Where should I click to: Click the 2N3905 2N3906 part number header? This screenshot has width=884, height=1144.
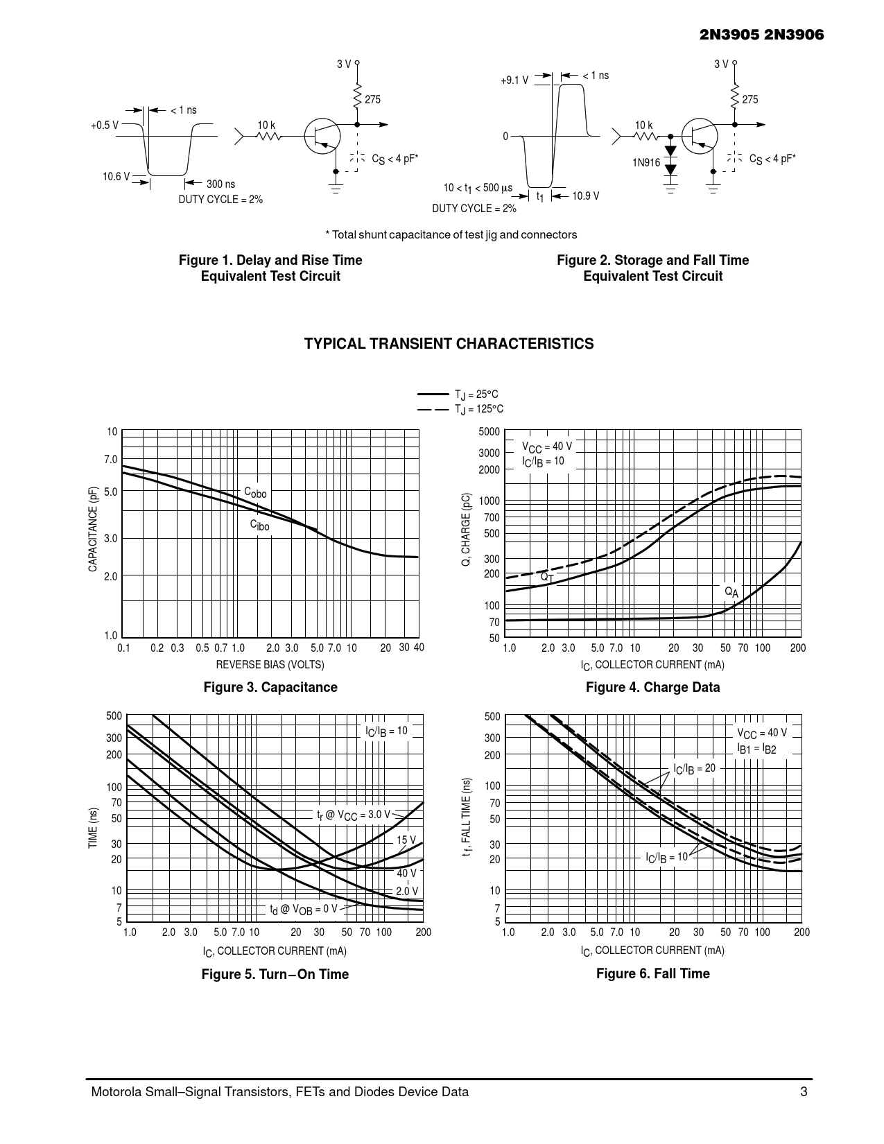coord(762,35)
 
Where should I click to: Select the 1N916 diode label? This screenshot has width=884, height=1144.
coord(645,163)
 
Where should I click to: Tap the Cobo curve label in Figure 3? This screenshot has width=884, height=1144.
coord(255,492)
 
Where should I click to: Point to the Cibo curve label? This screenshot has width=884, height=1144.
coord(260,526)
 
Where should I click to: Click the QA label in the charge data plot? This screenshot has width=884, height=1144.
coord(731,591)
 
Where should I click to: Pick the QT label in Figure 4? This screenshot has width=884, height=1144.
coord(546,577)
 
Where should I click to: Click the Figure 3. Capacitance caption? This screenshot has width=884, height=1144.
coord(270,687)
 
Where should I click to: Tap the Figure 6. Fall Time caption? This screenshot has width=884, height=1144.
coord(652,973)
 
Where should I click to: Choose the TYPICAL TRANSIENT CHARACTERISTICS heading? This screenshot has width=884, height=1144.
coord(449,344)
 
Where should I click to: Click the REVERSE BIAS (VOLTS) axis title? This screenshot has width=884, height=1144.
coord(270,664)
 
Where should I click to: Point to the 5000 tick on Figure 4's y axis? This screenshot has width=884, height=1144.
coord(489,432)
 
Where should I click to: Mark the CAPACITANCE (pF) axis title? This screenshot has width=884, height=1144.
coord(93,529)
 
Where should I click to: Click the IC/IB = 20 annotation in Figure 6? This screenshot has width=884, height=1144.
coord(694,769)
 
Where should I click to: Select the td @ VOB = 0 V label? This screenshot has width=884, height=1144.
coord(304,909)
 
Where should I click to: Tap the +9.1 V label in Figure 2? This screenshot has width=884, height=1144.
coord(514,80)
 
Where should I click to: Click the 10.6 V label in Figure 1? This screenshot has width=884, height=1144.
coord(116,177)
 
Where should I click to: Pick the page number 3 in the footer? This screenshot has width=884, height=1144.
coord(804,1092)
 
